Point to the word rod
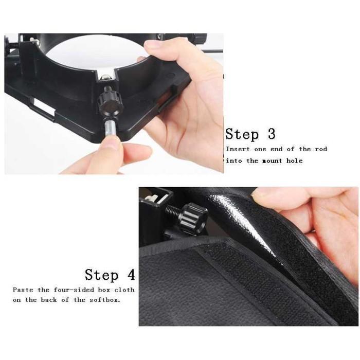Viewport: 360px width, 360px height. (321, 149)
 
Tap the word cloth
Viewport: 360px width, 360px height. (124, 290)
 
